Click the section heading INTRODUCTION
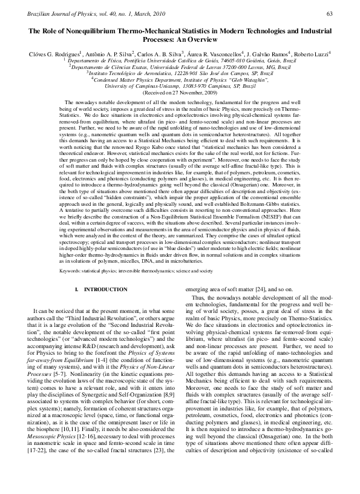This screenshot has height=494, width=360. click(x=97, y=290)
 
